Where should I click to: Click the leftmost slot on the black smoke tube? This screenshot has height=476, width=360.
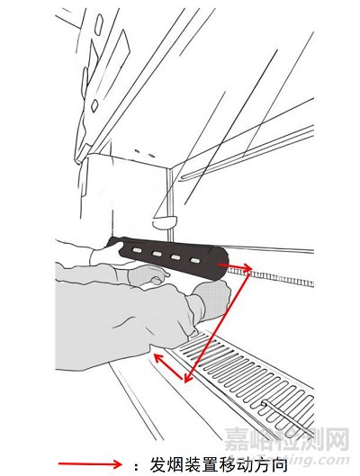pos(136,250)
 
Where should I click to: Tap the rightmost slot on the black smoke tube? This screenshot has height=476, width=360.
pos(194,260)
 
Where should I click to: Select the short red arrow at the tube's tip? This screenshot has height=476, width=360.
pos(235,266)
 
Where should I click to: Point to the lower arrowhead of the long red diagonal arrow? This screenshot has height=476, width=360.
pos(186,378)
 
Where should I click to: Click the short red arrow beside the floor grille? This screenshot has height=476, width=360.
pos(168,366)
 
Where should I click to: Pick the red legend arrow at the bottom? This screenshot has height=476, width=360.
pos(91,464)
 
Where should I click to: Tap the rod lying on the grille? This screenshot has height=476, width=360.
pos(287,417)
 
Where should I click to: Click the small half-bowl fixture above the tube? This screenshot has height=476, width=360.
pos(164,222)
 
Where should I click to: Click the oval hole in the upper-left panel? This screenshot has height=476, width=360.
pos(99,23)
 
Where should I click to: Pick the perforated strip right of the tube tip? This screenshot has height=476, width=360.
pos(271,277)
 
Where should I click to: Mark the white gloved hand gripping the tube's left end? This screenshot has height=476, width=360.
pos(104,255)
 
